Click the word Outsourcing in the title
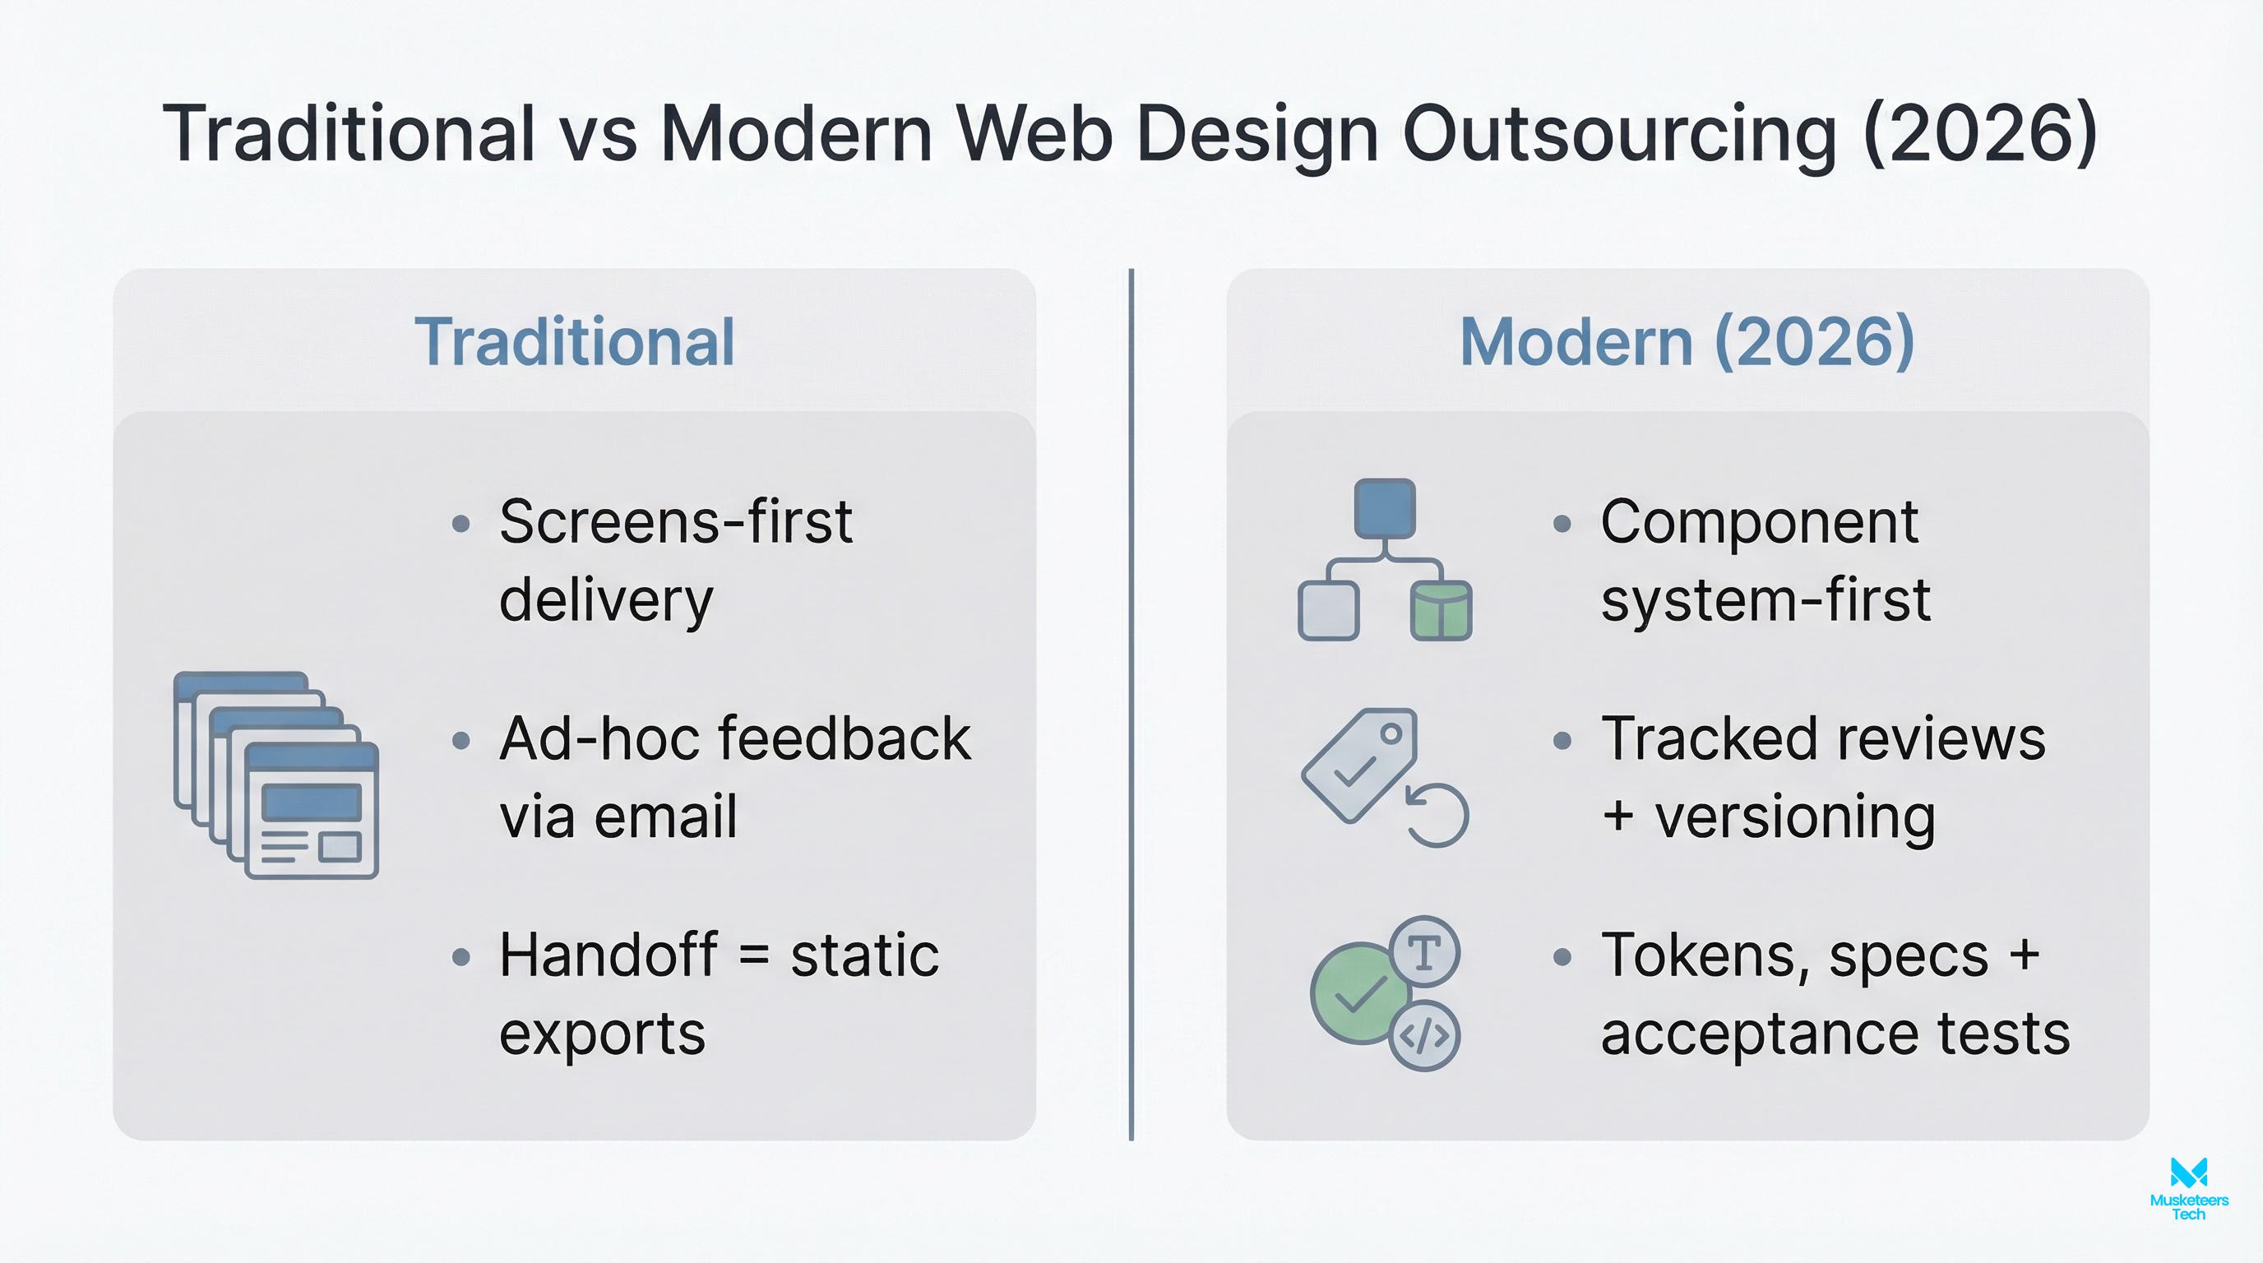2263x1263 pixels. click(1619, 133)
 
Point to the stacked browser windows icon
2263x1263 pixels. click(275, 775)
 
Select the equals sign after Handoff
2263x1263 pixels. click(754, 955)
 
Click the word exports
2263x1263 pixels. click(602, 1033)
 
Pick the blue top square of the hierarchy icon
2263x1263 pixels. click(1385, 507)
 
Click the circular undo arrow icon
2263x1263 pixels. click(1437, 815)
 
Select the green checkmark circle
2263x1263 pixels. click(1360, 993)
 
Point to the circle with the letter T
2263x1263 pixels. click(1425, 951)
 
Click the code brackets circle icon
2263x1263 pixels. click(1424, 1035)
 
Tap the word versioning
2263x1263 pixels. click(1795, 817)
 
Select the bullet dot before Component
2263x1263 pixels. click(1561, 525)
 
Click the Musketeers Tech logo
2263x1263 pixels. click(2188, 1187)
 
